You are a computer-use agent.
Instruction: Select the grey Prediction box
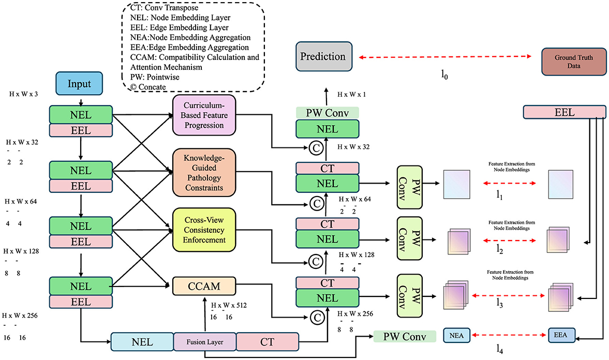(323, 56)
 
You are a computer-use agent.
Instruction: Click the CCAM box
(203, 285)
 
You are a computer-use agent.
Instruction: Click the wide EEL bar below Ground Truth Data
(564, 111)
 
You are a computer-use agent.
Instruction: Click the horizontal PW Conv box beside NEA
(404, 337)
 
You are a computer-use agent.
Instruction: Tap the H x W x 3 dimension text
(25, 94)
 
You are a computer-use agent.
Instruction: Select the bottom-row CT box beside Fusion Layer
(267, 342)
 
